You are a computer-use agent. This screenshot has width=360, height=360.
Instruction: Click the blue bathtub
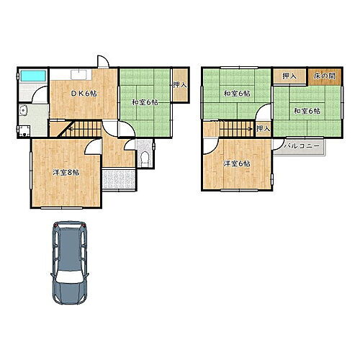[33, 76]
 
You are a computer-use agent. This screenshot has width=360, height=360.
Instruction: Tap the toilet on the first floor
[145, 158]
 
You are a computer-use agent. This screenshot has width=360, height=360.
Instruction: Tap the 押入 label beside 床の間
[289, 76]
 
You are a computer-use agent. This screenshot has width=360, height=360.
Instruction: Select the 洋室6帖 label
[236, 164]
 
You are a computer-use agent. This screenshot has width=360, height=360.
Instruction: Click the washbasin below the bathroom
[23, 110]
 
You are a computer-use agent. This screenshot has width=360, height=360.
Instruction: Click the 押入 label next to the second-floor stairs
[263, 129]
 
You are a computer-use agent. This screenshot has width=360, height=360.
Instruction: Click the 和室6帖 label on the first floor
[145, 102]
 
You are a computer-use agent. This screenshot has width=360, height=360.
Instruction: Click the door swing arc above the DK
[103, 60]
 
